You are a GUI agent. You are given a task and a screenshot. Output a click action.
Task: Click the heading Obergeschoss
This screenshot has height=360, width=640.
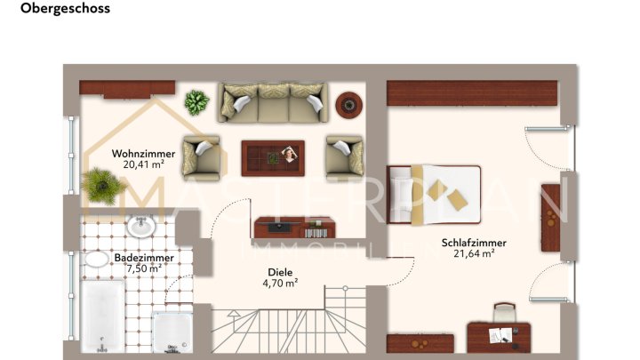(x=65, y=9)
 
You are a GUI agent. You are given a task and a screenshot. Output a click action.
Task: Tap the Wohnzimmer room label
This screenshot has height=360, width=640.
(x=143, y=153)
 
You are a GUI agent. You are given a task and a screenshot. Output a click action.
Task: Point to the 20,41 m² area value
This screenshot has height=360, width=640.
(x=143, y=164)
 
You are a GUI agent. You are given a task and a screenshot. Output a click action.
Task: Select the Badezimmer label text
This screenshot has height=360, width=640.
(x=143, y=257)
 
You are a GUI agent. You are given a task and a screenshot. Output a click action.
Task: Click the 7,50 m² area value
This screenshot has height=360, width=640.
(x=143, y=268)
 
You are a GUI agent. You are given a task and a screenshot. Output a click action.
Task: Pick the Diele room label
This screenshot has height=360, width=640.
(x=280, y=273)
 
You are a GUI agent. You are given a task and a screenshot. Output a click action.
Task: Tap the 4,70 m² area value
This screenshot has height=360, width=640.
(x=280, y=284)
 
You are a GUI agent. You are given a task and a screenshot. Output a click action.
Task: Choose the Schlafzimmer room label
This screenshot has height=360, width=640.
(x=473, y=242)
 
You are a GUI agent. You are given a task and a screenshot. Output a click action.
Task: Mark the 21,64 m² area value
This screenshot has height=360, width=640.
(x=473, y=253)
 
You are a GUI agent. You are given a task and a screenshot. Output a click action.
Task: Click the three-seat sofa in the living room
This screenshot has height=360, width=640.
(x=273, y=104)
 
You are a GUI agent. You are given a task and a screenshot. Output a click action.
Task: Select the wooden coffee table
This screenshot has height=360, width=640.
(x=275, y=157)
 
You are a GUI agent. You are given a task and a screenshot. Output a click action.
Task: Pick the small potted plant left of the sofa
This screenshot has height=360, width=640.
(x=196, y=102)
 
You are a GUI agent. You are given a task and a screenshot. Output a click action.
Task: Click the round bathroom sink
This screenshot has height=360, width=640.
(x=140, y=227)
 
